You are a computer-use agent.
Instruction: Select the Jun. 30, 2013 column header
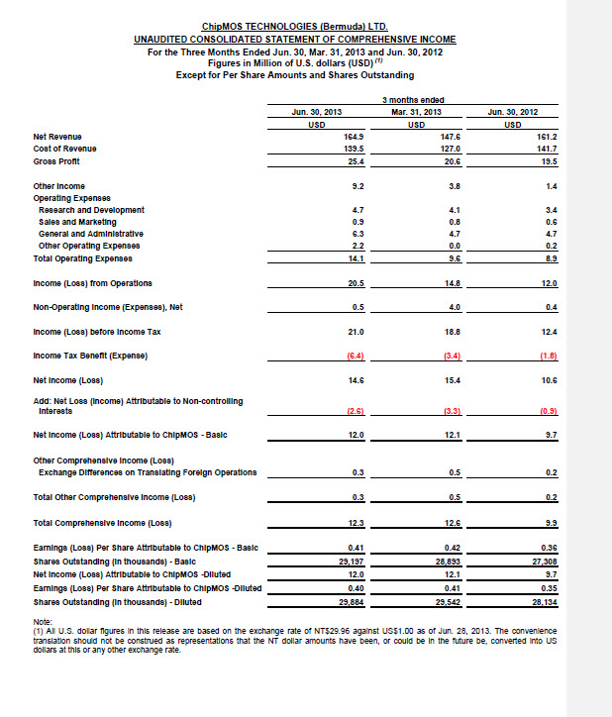tap(317, 113)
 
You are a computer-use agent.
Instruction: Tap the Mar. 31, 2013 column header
tap(417, 113)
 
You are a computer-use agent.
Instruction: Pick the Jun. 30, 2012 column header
tap(513, 113)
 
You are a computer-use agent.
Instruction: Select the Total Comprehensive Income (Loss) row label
tap(103, 522)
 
